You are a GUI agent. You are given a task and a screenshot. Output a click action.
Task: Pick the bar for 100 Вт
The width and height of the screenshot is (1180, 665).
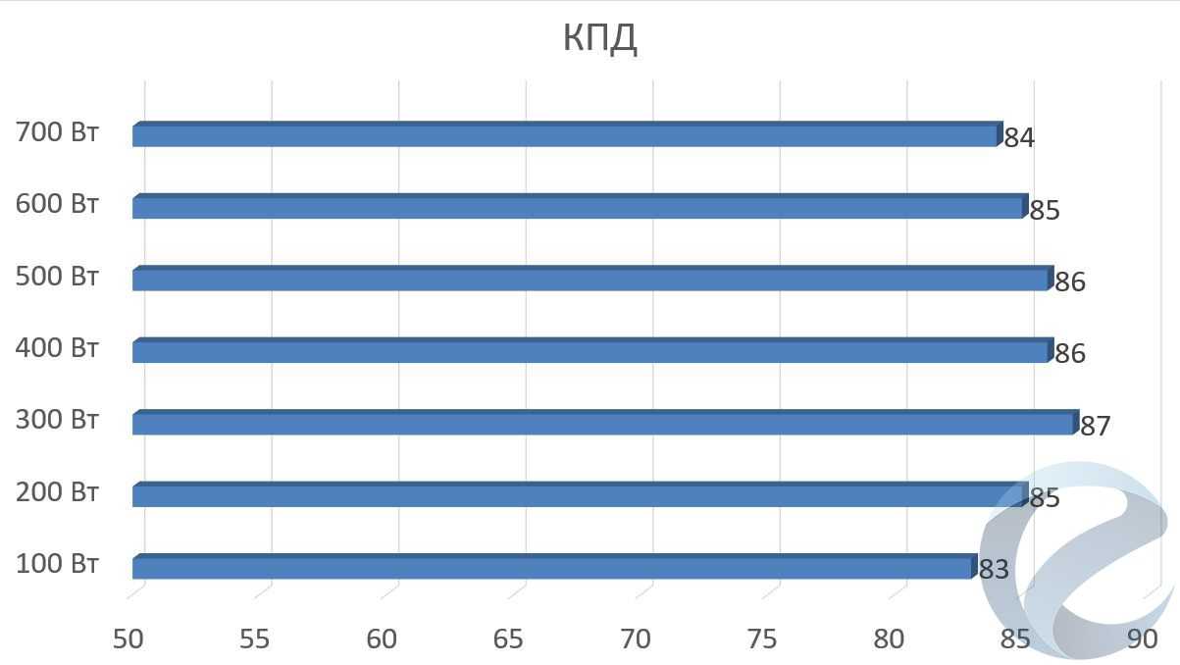(x=551, y=568)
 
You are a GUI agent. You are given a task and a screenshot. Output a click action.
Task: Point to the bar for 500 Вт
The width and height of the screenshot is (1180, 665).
(x=590, y=280)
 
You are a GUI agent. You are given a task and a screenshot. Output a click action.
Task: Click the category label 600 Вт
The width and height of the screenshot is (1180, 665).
(x=58, y=205)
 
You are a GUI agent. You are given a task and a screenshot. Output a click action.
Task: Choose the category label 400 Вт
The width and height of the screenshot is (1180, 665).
(x=58, y=349)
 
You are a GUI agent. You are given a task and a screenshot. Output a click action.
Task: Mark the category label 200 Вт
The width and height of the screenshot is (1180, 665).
(x=58, y=492)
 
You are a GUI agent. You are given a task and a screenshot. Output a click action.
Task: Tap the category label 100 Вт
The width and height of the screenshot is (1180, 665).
(x=58, y=565)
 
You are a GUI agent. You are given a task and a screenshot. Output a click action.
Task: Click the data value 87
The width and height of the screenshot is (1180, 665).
(x=1095, y=426)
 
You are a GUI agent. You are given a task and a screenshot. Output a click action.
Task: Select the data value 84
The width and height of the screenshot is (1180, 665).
(x=1019, y=137)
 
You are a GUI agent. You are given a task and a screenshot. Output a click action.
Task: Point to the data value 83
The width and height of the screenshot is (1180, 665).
(x=994, y=570)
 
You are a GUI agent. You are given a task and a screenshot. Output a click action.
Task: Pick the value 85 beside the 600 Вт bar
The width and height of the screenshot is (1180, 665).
(x=1045, y=210)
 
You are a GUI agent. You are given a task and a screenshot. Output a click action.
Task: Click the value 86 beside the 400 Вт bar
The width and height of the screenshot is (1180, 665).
(x=1070, y=353)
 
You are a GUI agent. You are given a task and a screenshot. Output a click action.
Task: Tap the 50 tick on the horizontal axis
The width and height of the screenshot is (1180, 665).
(x=128, y=639)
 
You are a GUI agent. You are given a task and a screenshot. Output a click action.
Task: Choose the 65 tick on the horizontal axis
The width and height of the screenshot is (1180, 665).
(x=508, y=639)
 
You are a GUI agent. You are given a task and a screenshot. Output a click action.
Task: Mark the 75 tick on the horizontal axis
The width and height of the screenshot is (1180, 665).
(x=762, y=639)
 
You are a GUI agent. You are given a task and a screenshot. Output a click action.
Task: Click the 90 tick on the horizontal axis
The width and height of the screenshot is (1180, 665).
(x=1143, y=639)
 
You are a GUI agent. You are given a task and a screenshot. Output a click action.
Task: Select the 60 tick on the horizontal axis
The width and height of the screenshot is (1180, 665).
(x=382, y=639)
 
